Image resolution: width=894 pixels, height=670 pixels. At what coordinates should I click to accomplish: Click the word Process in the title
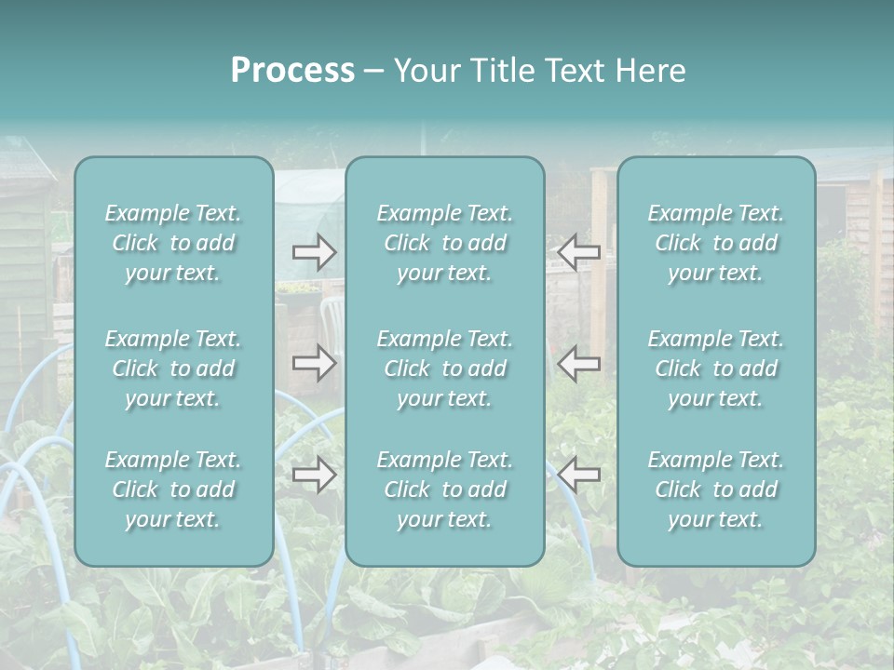[292, 71]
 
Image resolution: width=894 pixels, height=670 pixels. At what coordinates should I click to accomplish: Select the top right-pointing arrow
[314, 252]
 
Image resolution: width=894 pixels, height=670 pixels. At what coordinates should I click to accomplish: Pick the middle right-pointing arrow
[314, 363]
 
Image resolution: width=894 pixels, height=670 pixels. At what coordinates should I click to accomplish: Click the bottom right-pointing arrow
[314, 475]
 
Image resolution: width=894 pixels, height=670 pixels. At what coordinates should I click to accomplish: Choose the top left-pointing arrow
[579, 252]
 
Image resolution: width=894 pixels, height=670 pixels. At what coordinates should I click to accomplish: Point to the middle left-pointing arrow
[579, 363]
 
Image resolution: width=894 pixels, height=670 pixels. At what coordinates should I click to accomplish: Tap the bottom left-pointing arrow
[579, 475]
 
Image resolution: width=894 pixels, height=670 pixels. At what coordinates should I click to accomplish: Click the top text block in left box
[173, 243]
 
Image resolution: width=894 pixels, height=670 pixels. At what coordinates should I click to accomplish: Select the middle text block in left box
[173, 368]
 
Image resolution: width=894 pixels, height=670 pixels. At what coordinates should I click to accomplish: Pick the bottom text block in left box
[173, 489]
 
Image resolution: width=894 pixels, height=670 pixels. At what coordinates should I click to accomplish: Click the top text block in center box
[444, 243]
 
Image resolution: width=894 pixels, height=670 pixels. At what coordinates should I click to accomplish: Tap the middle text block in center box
[444, 368]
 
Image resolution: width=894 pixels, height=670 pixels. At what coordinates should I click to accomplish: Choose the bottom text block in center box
[444, 489]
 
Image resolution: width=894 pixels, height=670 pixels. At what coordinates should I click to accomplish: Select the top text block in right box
[715, 243]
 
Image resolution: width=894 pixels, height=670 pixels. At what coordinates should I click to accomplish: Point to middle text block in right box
[715, 368]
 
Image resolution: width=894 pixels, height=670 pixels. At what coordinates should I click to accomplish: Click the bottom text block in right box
[715, 489]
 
